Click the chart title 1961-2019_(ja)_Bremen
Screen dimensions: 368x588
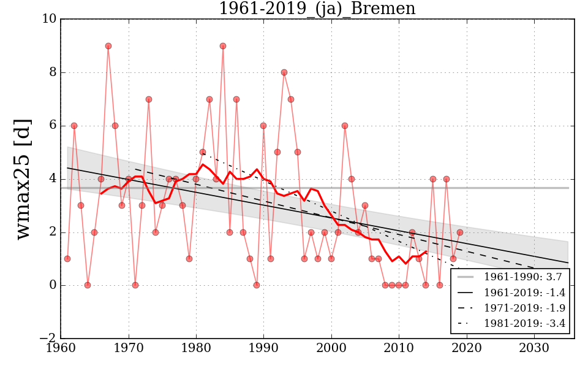(x=317, y=9)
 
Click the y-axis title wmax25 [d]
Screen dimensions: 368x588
(x=23, y=178)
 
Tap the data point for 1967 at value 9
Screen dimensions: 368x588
(x=108, y=46)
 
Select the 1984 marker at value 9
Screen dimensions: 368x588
(x=223, y=46)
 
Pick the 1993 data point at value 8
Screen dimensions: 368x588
(x=284, y=72)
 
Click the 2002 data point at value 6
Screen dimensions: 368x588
(x=345, y=126)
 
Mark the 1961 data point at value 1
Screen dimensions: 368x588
(x=67, y=259)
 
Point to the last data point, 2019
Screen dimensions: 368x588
(x=460, y=232)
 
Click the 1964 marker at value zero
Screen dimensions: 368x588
(x=88, y=285)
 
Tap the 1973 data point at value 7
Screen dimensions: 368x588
(x=149, y=99)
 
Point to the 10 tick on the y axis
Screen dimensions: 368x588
(x=50, y=19)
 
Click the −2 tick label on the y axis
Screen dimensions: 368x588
(x=47, y=339)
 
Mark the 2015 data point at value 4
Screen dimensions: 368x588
(x=433, y=179)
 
